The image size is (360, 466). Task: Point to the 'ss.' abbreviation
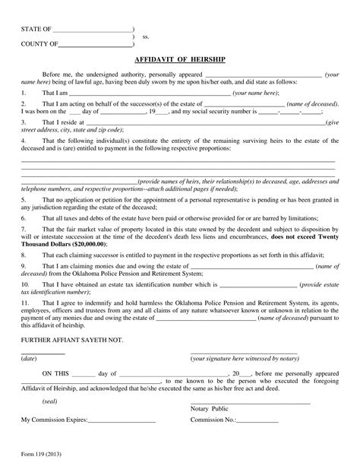pos(146,36)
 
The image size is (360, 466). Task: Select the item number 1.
pos(23,91)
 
